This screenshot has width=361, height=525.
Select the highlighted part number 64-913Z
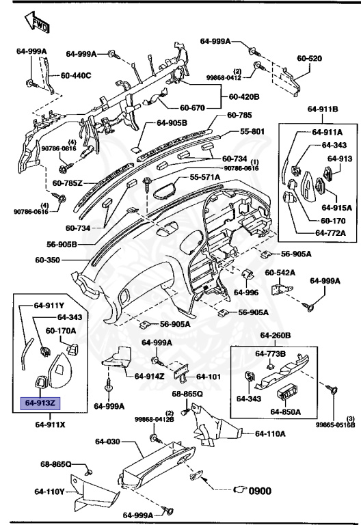click(x=41, y=403)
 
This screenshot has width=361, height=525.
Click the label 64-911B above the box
click(x=323, y=108)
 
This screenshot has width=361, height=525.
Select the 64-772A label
click(x=330, y=233)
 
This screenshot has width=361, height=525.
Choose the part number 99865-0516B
click(x=335, y=425)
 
